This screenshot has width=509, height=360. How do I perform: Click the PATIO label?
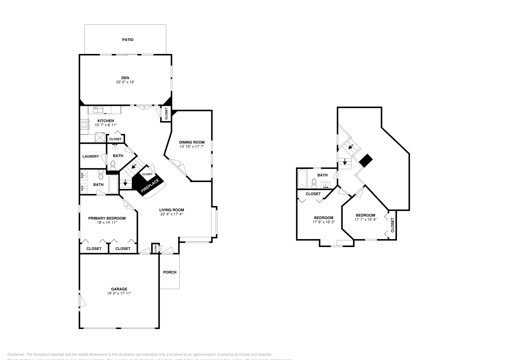pyautogui.click(x=128, y=40)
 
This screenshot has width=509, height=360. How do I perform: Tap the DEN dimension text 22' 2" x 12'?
pyautogui.click(x=125, y=82)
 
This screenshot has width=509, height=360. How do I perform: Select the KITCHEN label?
pyautogui.click(x=106, y=121)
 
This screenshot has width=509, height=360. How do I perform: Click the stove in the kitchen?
pyautogui.click(x=84, y=124)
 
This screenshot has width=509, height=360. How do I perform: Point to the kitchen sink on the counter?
pyautogui.click(x=98, y=110)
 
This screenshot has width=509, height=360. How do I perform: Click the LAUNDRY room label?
pyautogui.click(x=91, y=156)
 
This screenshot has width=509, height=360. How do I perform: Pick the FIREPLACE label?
pyautogui.click(x=150, y=186)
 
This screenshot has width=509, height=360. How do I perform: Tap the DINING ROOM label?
pyautogui.click(x=192, y=142)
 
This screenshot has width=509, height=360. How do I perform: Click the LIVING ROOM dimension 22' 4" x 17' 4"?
pyautogui.click(x=171, y=214)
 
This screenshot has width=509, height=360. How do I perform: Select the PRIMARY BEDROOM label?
pyautogui.click(x=107, y=218)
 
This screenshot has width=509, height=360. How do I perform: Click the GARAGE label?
pyautogui.click(x=119, y=289)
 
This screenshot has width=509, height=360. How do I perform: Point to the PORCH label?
pyautogui.click(x=170, y=272)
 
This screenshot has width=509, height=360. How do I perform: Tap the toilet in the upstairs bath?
pyautogui.click(x=314, y=183)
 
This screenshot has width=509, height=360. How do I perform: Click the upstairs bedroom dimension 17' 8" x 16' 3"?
pyautogui.click(x=324, y=222)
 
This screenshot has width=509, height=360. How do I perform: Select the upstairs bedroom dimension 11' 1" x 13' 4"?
pyautogui.click(x=366, y=219)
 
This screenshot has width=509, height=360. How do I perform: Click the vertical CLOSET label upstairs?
pyautogui.click(x=392, y=225)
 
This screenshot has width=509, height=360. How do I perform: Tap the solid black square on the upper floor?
pyautogui.click(x=366, y=160)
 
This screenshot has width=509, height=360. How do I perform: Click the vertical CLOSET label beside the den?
pyautogui.click(x=166, y=114)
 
